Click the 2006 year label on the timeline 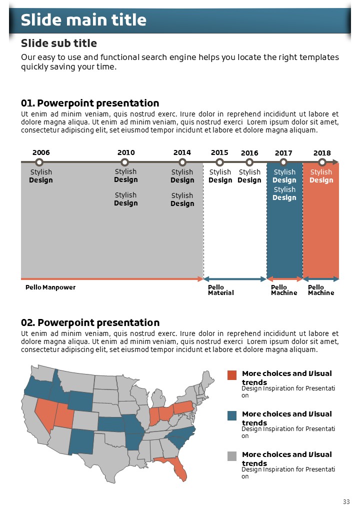click(41, 152)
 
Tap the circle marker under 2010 click(125, 162)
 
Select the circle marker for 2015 click(219, 162)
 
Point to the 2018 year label click(322, 152)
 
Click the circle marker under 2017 click(283, 162)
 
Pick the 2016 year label click(249, 152)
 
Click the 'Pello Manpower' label click(50, 287)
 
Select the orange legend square click(232, 375)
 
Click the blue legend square click(232, 415)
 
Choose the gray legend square click(232, 456)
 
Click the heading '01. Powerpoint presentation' click(90, 103)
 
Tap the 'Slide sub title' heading click(59, 43)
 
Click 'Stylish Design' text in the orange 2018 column click(321, 176)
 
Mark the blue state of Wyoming click(80, 400)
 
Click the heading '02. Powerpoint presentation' click(90, 322)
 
